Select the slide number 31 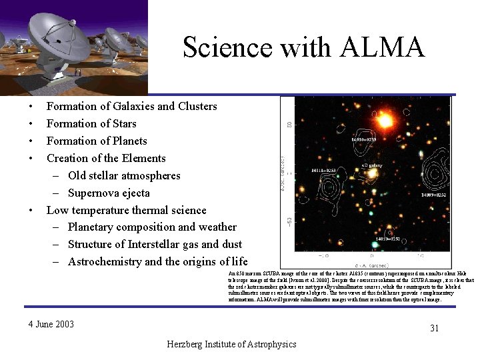click(x=435, y=328)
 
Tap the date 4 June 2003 click(x=51, y=325)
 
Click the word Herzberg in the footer click(x=189, y=344)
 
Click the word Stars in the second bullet click(x=123, y=123)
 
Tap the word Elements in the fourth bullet click(x=144, y=158)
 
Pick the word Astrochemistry click(x=105, y=261)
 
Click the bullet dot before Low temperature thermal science click(x=31, y=211)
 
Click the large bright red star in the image click(x=384, y=121)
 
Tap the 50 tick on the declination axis click(x=289, y=124)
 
